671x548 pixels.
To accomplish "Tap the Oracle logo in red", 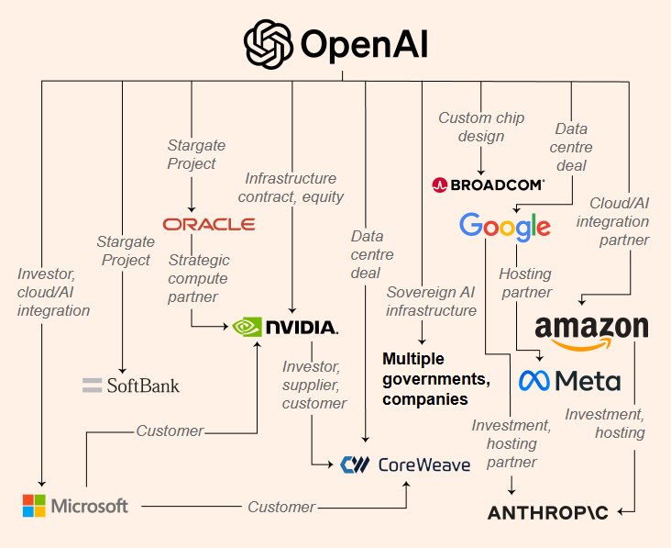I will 209,224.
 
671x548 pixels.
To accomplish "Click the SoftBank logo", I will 131,385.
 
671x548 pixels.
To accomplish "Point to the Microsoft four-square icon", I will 34,506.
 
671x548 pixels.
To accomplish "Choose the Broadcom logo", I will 488,185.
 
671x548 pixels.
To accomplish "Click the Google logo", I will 505,226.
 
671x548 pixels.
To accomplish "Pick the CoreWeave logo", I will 404,464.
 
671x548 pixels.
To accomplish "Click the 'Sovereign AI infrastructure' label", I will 432,301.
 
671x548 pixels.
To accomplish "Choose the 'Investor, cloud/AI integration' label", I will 53,291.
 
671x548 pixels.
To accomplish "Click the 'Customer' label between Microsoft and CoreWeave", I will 280,507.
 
